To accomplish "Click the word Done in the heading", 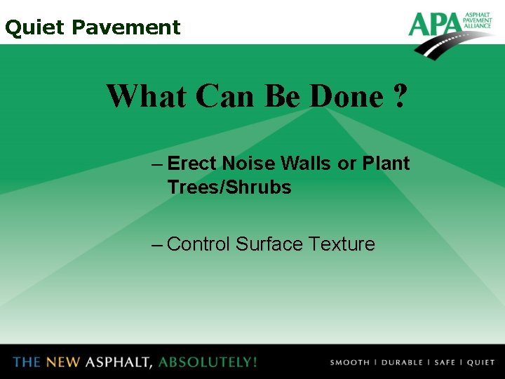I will tap(345, 96).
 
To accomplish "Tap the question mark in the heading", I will tap(400, 96).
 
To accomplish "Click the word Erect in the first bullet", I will tap(193, 164).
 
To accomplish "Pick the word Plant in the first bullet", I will tap(386, 164).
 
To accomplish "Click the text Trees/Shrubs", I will tap(229, 188).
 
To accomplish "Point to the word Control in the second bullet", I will tap(198, 244).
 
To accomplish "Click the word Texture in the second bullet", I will tap(342, 244).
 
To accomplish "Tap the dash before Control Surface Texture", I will tap(158, 244).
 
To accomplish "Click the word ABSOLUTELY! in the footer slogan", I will tap(208, 362).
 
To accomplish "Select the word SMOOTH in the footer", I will tap(349, 363).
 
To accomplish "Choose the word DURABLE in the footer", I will tap(402, 363).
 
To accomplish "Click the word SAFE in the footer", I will tap(445, 363).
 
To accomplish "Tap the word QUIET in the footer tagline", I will tap(480, 363).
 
